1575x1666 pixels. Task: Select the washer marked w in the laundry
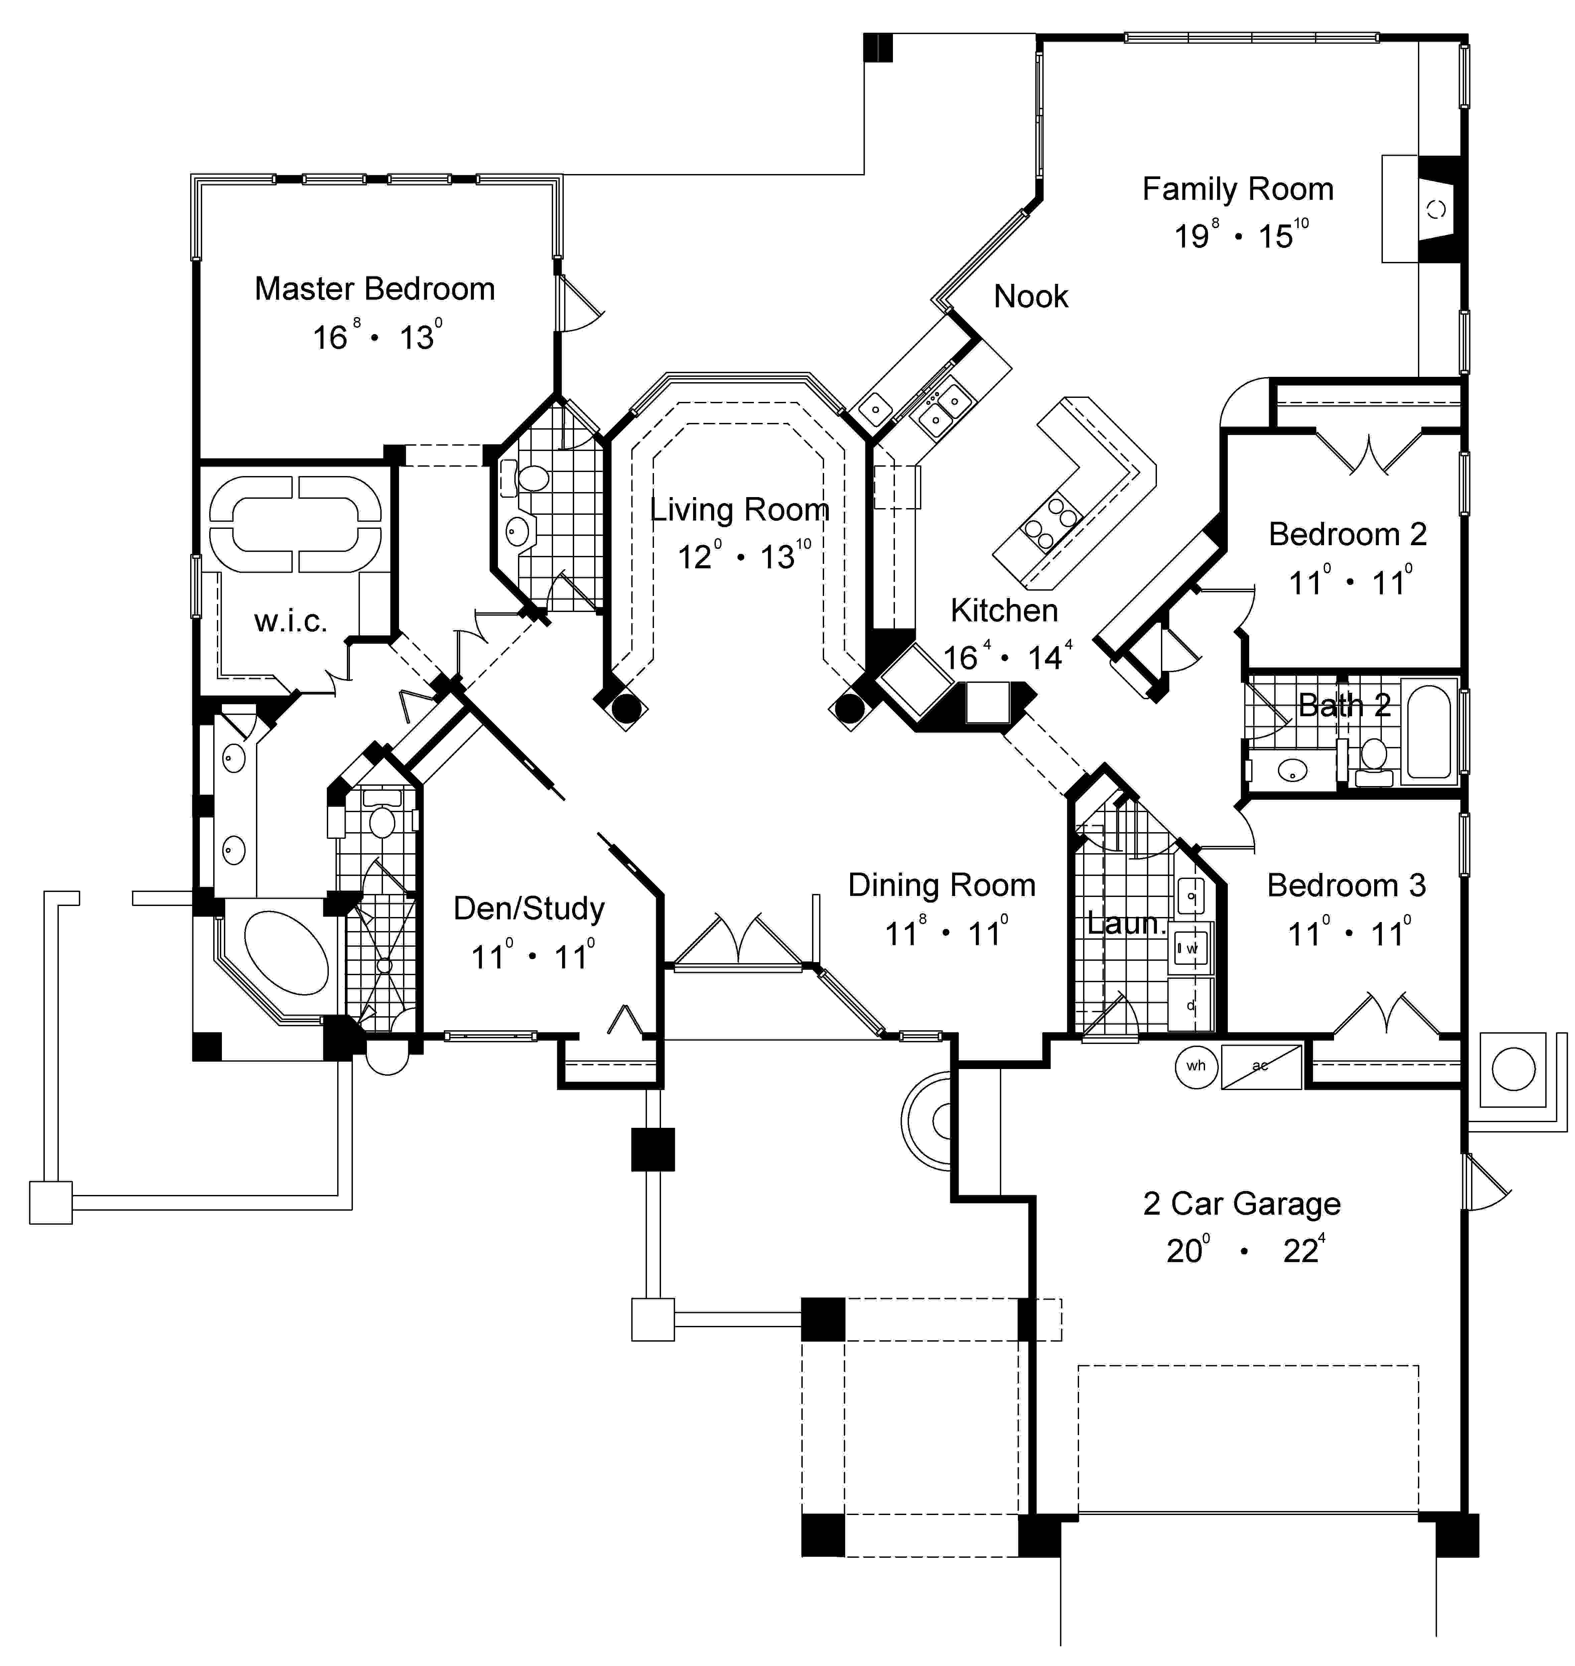[x=1190, y=948]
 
